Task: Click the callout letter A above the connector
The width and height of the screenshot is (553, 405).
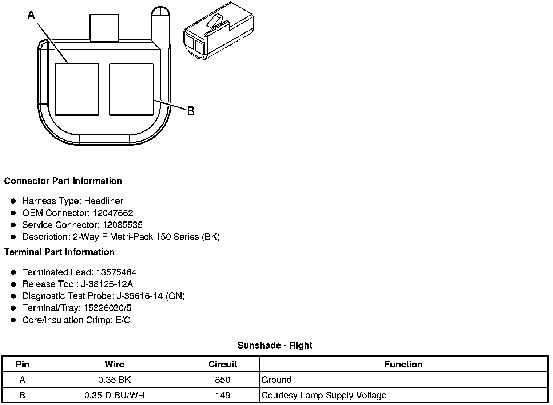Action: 31,15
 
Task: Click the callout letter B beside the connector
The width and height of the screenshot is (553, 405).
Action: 191,111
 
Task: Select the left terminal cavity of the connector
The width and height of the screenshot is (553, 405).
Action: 77,90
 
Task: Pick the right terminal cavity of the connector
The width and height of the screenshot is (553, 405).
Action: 131,90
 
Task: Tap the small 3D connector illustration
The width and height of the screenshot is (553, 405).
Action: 218,31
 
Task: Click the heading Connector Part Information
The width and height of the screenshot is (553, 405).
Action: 63,181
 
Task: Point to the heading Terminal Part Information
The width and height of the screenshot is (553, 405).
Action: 60,252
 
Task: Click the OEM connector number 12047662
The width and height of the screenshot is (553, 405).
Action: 113,213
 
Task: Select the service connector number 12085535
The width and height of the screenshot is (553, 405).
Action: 123,225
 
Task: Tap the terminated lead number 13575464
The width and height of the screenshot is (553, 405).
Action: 116,272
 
